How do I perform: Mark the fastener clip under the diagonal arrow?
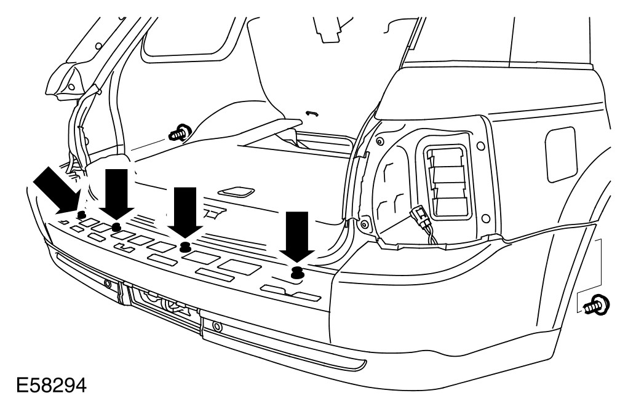(x=81, y=215)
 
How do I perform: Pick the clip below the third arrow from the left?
(x=183, y=247)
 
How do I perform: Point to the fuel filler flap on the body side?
(x=560, y=154)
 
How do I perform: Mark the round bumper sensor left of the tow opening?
(x=108, y=284)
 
